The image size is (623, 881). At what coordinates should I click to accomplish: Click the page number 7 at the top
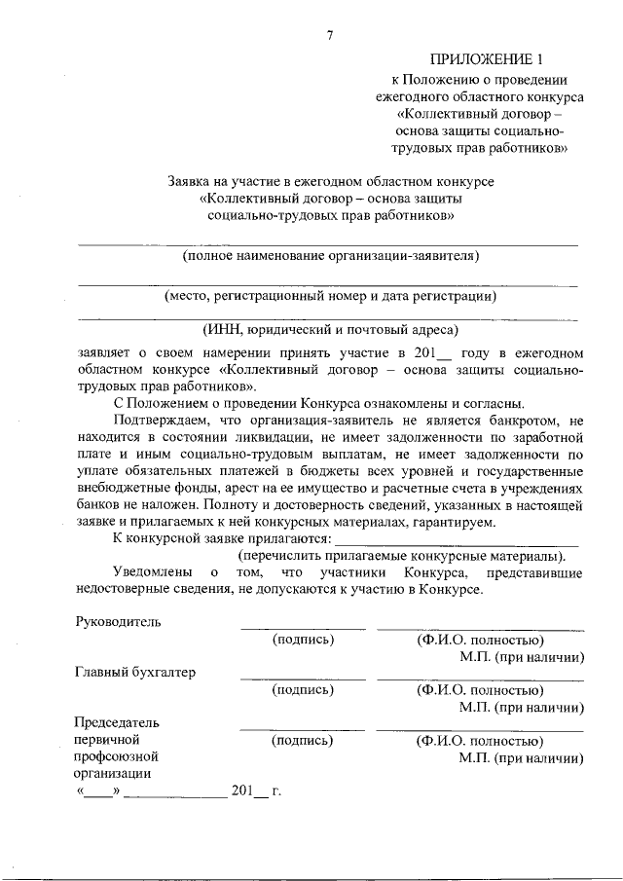pos(330,36)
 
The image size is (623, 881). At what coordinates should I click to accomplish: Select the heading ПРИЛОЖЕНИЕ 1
pos(495,59)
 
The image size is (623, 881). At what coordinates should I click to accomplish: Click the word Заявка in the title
pos(193,181)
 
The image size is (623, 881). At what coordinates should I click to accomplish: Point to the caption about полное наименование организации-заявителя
pos(331,256)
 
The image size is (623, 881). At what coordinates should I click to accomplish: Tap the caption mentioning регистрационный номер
pos(331,295)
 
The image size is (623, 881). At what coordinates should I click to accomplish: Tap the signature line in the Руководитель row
pos(303,628)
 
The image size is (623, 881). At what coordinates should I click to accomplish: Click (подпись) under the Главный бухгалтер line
pos(304,690)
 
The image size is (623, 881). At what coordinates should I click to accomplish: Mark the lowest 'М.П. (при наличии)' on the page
pos(522,757)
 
